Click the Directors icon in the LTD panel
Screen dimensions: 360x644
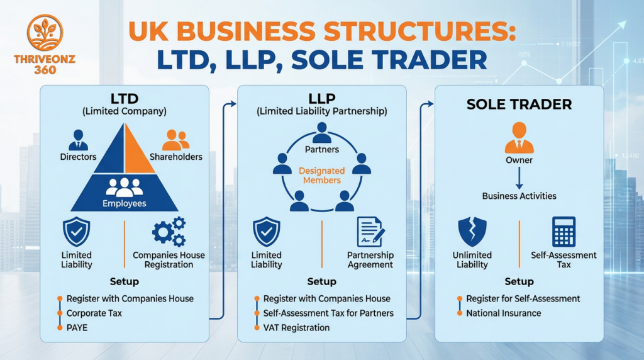(78, 140)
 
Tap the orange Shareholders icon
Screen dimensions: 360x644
(175, 139)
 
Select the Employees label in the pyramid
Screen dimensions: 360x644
(125, 203)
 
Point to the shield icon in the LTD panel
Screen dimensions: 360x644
(77, 231)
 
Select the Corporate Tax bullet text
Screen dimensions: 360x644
(94, 313)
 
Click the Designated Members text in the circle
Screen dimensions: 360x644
(321, 176)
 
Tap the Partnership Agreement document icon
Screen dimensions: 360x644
(370, 231)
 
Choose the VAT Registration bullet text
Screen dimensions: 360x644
(296, 327)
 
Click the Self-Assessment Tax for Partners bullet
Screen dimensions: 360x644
(328, 313)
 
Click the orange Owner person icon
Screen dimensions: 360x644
(519, 138)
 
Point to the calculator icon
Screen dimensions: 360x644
(563, 231)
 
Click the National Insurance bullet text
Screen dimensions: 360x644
(503, 313)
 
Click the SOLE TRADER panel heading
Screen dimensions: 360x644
(519, 104)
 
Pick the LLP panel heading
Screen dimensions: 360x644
(321, 99)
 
